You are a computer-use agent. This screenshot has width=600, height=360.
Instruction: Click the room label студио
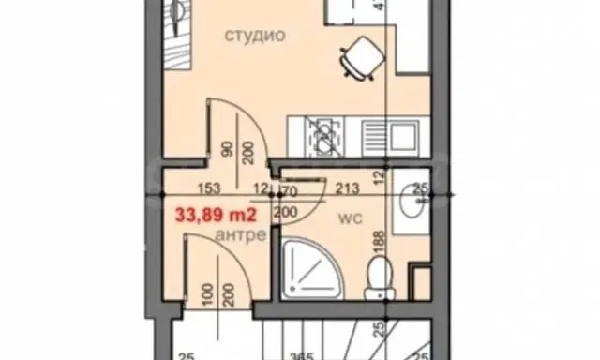pyautogui.click(x=253, y=37)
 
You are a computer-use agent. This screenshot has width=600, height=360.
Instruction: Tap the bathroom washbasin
pyautogui.click(x=411, y=199)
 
